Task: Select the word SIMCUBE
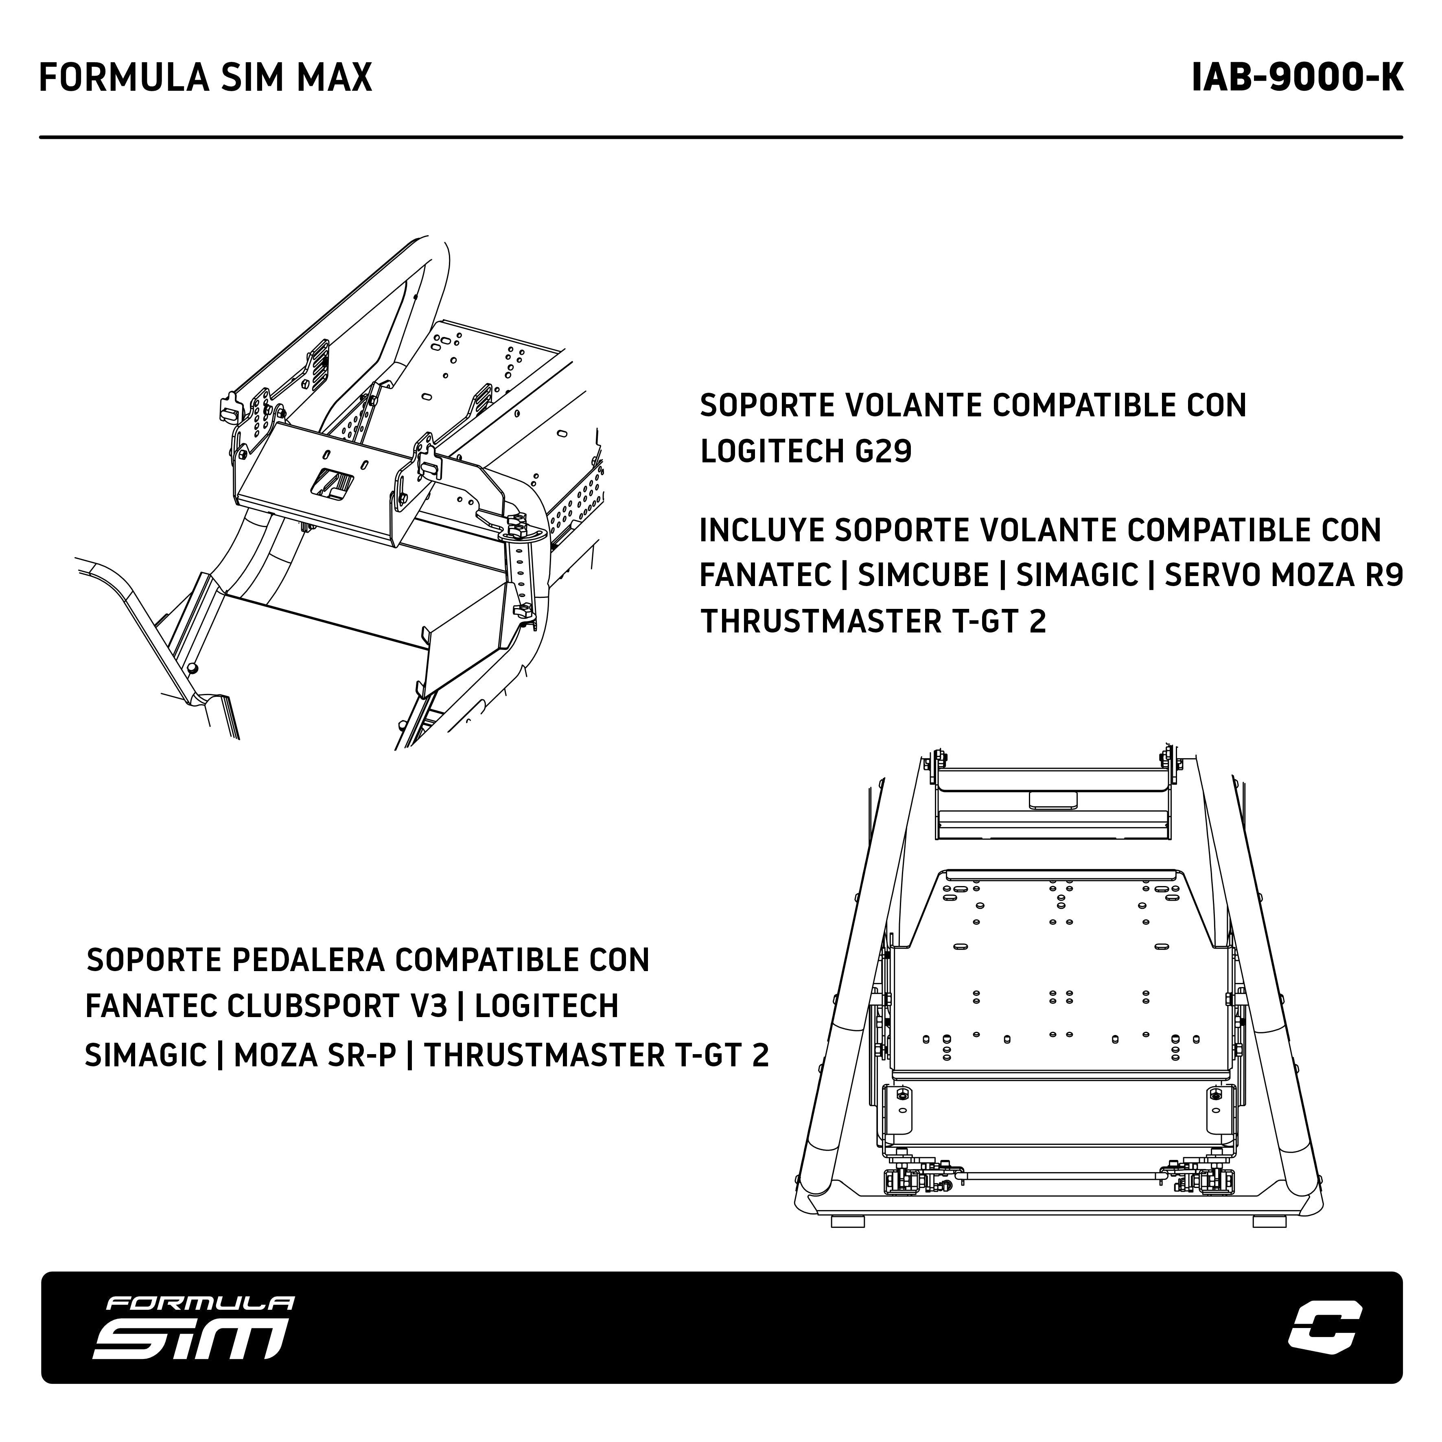click(x=923, y=575)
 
